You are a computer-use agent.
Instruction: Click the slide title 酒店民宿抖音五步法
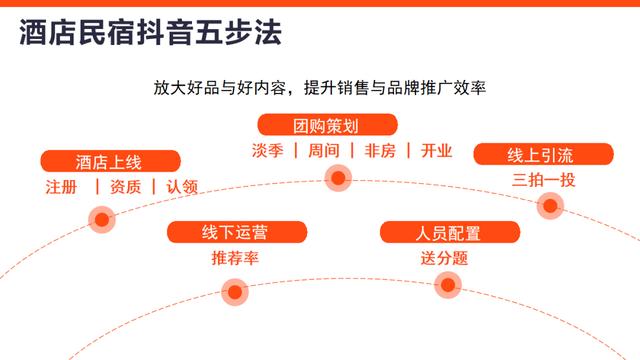tap(150, 34)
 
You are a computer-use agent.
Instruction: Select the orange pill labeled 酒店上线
tap(110, 161)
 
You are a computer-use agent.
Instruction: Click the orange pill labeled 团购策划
tap(328, 125)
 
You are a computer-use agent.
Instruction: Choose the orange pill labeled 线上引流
tap(543, 154)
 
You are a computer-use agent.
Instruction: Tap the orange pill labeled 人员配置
tap(449, 233)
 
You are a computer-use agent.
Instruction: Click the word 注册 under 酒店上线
tap(60, 187)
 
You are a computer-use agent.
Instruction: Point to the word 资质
tap(125, 187)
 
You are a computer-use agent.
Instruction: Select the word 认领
tap(182, 187)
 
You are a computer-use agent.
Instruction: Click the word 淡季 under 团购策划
tap(268, 151)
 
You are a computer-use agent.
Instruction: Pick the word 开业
tap(437, 151)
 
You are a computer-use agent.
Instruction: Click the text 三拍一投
tap(543, 180)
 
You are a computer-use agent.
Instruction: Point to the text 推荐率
tap(235, 259)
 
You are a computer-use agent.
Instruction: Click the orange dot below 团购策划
tap(338, 179)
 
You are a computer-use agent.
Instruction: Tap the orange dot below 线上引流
tap(550, 205)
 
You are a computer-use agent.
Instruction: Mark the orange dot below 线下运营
tap(235, 292)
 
